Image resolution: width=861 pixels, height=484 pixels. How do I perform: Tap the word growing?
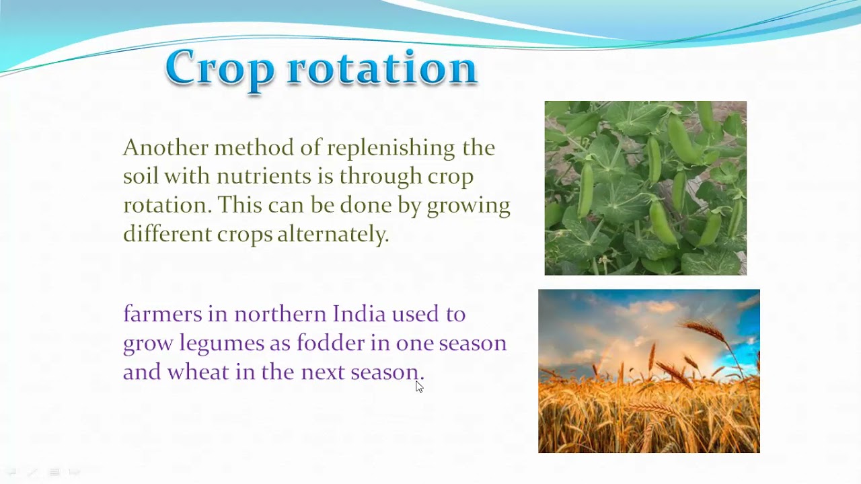click(x=468, y=206)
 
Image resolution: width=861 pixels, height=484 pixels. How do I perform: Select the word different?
click(x=167, y=234)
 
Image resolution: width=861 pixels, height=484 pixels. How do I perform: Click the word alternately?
click(x=333, y=234)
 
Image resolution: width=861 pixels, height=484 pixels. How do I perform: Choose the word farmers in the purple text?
click(x=162, y=314)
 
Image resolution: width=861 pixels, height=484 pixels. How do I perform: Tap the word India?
click(x=359, y=314)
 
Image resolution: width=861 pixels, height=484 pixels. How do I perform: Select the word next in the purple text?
click(x=322, y=372)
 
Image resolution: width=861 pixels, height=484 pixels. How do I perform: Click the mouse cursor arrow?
click(x=419, y=386)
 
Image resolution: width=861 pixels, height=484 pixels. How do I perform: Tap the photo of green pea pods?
click(x=645, y=188)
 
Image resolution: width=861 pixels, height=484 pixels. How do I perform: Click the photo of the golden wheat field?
click(x=648, y=371)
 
